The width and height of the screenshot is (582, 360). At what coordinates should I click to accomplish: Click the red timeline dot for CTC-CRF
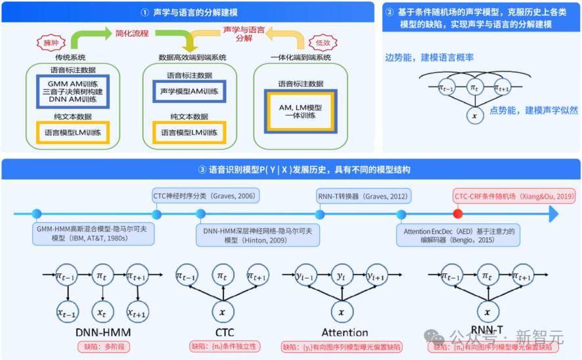(x=458, y=214)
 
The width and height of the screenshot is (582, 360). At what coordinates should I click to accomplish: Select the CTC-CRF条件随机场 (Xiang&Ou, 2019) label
(x=514, y=195)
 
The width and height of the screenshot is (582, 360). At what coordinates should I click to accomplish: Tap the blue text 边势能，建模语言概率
(x=429, y=57)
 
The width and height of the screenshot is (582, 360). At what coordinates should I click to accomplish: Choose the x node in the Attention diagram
(x=340, y=309)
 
